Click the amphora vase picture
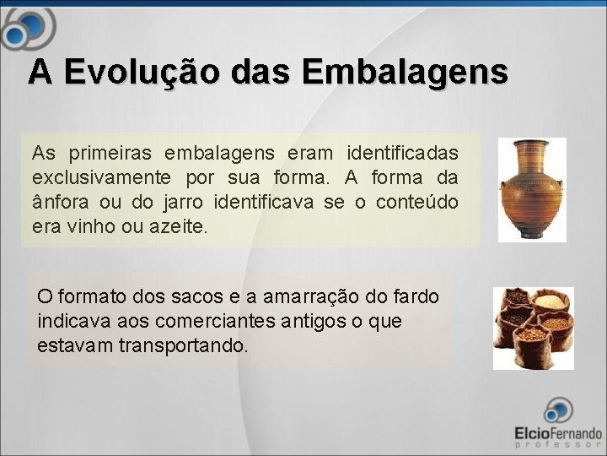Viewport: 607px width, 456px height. tap(531, 190)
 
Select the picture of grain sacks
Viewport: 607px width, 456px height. tap(533, 328)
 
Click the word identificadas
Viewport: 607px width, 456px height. tap(402, 154)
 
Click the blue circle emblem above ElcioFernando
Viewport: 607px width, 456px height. tap(557, 410)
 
